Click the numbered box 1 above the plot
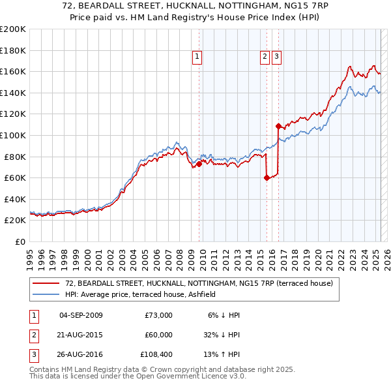(x=197, y=57)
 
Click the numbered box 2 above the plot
(x=265, y=57)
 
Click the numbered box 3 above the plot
(x=276, y=57)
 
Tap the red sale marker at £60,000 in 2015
(x=267, y=177)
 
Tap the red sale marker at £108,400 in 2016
(x=278, y=126)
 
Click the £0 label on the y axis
(x=20, y=241)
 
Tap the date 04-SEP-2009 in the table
(x=81, y=315)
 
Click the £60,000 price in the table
(x=158, y=335)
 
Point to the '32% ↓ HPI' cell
(x=222, y=335)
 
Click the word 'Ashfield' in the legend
(x=209, y=294)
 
